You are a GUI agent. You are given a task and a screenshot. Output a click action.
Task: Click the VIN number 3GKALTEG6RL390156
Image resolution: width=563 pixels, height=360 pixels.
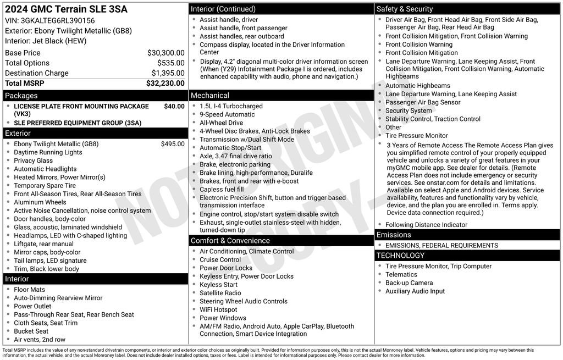pyautogui.click(x=57, y=21)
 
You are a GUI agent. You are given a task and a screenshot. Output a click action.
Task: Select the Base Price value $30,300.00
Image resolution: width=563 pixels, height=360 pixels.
pyautogui.click(x=165, y=53)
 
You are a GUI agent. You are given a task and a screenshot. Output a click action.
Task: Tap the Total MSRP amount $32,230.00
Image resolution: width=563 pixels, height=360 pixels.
pyautogui.click(x=165, y=84)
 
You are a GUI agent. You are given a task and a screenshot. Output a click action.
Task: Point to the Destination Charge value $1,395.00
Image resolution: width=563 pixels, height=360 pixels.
pyautogui.click(x=168, y=73)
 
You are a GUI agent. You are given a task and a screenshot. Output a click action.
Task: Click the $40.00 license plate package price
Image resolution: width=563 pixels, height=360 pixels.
pyautogui.click(x=174, y=106)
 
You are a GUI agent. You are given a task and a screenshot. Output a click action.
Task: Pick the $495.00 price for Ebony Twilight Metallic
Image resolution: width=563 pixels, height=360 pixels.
pyautogui.click(x=173, y=144)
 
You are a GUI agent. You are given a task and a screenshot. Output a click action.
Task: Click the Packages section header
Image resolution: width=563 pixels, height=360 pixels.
pyautogui.click(x=21, y=96)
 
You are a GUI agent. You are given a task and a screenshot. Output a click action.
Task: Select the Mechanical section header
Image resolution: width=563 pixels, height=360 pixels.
pyautogui.click(x=210, y=96)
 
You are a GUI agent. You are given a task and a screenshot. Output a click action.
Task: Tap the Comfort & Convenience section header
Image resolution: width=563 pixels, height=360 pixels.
pyautogui.click(x=230, y=241)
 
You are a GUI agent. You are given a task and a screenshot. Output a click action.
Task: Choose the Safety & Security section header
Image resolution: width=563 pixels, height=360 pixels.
pyautogui.click(x=405, y=9)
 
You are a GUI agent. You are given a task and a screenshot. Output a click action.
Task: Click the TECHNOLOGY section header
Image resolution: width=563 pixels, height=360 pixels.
pyautogui.click(x=400, y=256)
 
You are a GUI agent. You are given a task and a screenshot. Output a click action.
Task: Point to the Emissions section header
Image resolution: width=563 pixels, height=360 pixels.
pyautogui.click(x=394, y=235)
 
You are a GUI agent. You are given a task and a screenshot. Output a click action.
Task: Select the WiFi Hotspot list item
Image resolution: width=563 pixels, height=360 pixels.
pyautogui.click(x=219, y=309)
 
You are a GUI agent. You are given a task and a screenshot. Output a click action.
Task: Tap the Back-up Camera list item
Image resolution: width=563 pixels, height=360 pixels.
pyautogui.click(x=409, y=283)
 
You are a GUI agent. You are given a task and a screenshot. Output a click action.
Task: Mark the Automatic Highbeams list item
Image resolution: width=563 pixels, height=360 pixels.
pyautogui.click(x=418, y=86)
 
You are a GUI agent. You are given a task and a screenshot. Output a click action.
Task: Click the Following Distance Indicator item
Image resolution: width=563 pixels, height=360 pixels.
pyautogui.click(x=426, y=225)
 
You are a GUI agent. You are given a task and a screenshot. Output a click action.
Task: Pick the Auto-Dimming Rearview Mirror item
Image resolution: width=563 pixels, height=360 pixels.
pyautogui.click(x=58, y=298)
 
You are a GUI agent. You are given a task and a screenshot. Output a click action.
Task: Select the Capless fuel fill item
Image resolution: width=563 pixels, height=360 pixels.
pyautogui.click(x=222, y=189)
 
